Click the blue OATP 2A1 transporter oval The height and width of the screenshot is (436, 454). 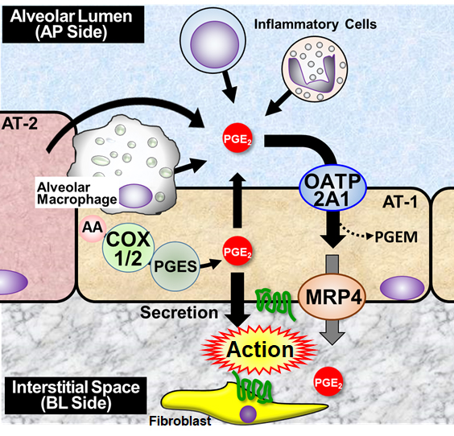pos(332,187)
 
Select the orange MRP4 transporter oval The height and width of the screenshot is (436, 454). pos(332,297)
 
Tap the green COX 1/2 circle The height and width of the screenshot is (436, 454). pos(128,248)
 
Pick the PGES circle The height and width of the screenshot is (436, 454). pos(175,266)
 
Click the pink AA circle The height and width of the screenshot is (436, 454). pos(93,228)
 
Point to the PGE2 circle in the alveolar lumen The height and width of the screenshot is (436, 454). pos(237,138)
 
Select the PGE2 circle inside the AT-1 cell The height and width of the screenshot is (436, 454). pos(237,251)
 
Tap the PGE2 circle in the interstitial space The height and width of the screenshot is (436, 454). pos(328,381)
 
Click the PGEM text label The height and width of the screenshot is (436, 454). pos(396,237)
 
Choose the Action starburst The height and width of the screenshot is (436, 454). pos(259,350)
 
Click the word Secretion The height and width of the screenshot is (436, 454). pos(179,313)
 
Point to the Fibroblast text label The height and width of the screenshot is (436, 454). pos(180,421)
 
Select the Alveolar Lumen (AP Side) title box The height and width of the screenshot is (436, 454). pos(73,24)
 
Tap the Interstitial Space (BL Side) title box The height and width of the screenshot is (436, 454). pos(76,395)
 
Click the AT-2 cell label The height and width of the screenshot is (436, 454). pos(19,124)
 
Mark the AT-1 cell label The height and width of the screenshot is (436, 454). pos(400,202)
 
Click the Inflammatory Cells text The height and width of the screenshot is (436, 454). pos(316,25)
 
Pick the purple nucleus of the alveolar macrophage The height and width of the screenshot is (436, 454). pos(135,195)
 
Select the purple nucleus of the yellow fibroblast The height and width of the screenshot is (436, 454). pos(248,413)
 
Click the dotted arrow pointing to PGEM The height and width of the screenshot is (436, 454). pos(356,232)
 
